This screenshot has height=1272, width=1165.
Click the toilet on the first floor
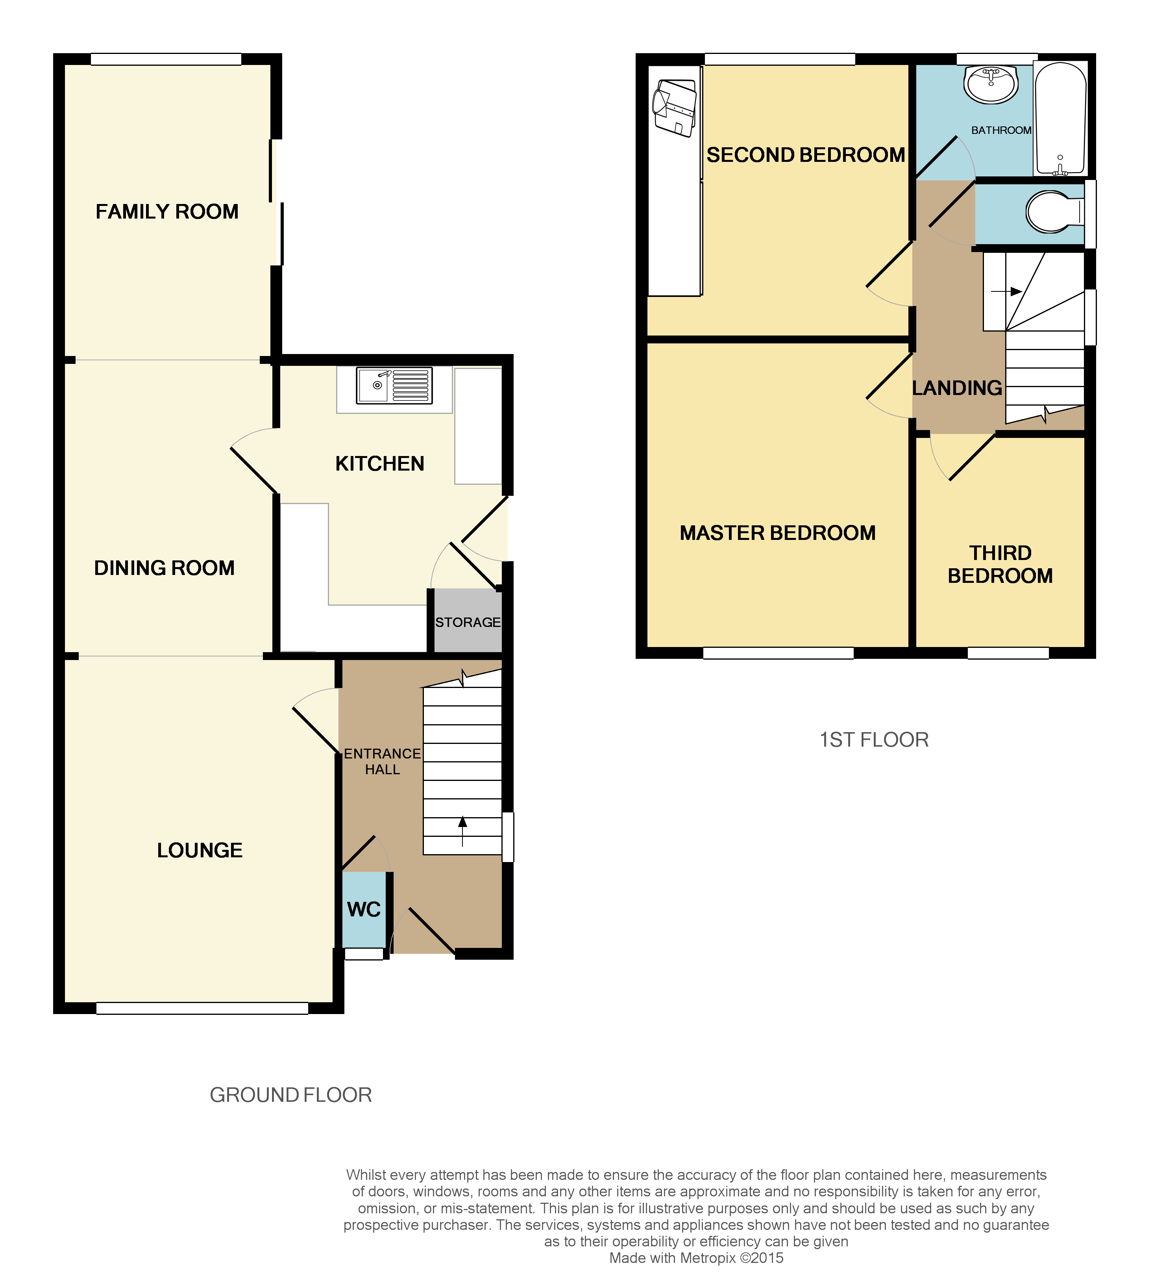click(1053, 211)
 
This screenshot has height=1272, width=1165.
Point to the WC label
click(364, 909)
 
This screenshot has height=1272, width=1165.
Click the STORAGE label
click(468, 622)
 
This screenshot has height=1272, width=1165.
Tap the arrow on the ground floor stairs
click(462, 830)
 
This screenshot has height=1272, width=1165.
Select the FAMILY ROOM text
click(167, 211)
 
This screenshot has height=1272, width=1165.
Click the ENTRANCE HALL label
click(382, 762)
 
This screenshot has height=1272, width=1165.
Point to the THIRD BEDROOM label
click(1000, 564)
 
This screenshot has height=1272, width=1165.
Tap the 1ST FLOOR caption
click(874, 740)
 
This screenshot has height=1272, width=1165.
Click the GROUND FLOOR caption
click(291, 1095)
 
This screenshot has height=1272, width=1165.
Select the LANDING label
click(957, 388)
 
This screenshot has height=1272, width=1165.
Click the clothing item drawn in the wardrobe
click(674, 107)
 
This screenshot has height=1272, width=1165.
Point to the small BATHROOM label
click(1001, 130)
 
